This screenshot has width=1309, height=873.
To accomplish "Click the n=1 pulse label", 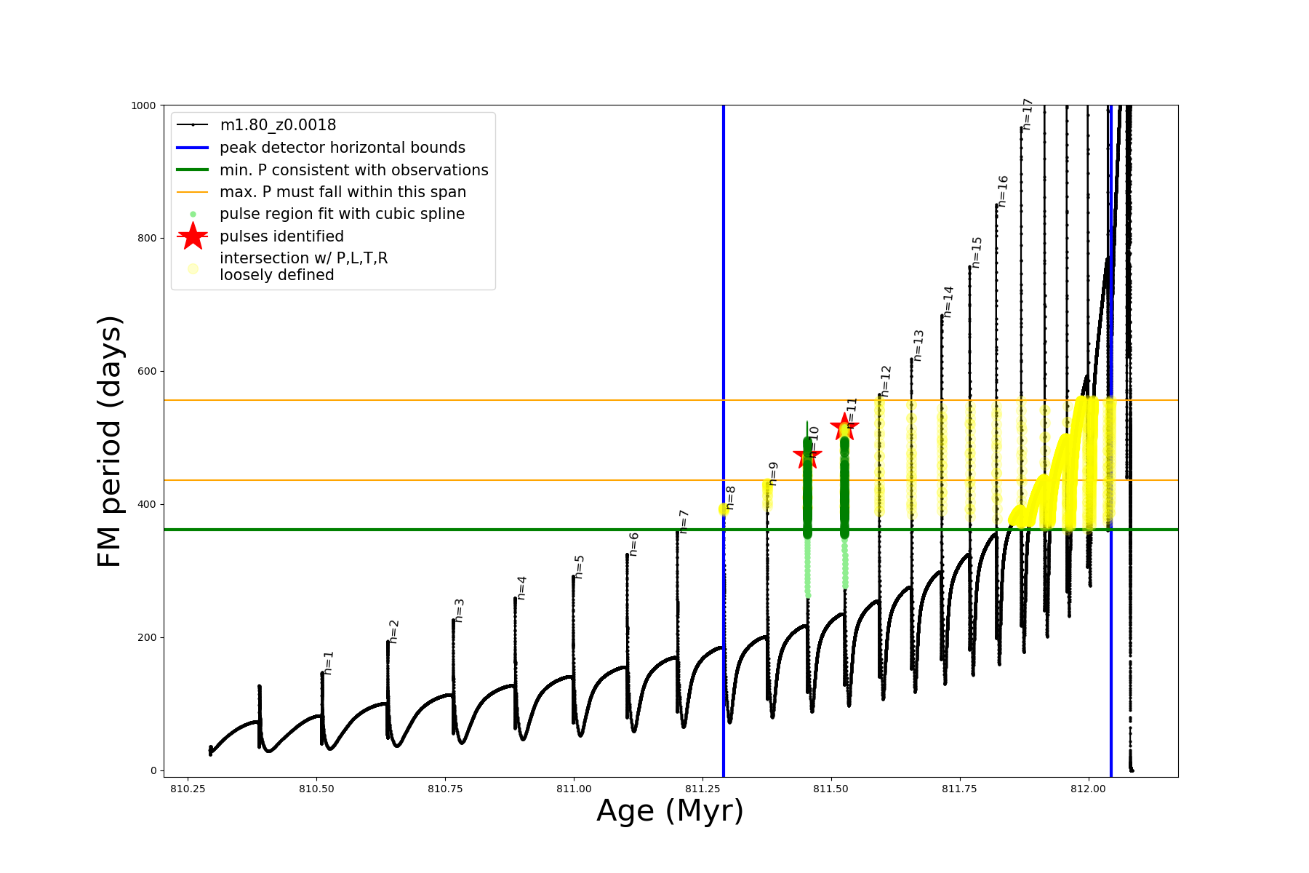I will pyautogui.click(x=329, y=663).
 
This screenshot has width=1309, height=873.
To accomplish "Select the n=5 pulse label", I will pyautogui.click(x=580, y=567).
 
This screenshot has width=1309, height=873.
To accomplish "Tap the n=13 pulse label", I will pyautogui.click(x=918, y=346).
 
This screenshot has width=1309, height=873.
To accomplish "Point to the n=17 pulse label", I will pyautogui.click(x=1027, y=114).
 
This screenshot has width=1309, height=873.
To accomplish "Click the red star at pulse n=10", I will pyautogui.click(x=807, y=456).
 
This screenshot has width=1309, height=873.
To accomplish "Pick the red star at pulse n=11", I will pyautogui.click(x=844, y=427).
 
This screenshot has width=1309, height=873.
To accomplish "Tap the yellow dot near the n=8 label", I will pyautogui.click(x=723, y=509).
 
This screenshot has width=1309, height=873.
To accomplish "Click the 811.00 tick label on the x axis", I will pyautogui.click(x=574, y=789).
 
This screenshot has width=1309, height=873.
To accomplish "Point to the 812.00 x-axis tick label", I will pyautogui.click(x=1089, y=789).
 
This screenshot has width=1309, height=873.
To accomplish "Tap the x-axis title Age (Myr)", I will pyautogui.click(x=670, y=811).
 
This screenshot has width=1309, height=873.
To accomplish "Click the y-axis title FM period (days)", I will pyautogui.click(x=109, y=441).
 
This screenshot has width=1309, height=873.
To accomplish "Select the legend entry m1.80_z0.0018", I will pyautogui.click(x=278, y=125).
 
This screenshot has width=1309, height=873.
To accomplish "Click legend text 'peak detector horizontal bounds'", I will pyautogui.click(x=342, y=148).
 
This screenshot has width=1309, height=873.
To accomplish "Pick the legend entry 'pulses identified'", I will pyautogui.click(x=281, y=236).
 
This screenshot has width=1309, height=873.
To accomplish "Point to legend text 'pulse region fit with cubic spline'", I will pyautogui.click(x=342, y=214).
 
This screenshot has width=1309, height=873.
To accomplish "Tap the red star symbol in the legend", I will pyautogui.click(x=193, y=236).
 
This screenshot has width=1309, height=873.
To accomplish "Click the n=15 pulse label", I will pyautogui.click(x=977, y=252).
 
